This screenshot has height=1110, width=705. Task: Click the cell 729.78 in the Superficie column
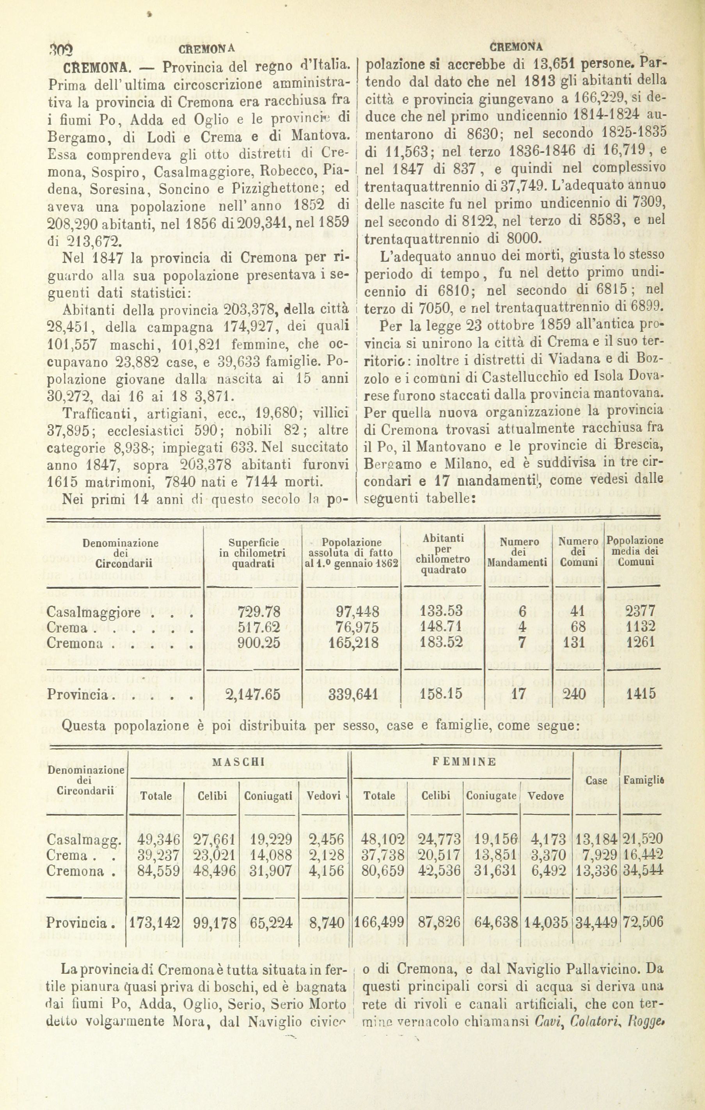(x=259, y=612)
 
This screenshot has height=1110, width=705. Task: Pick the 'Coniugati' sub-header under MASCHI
(x=269, y=796)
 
